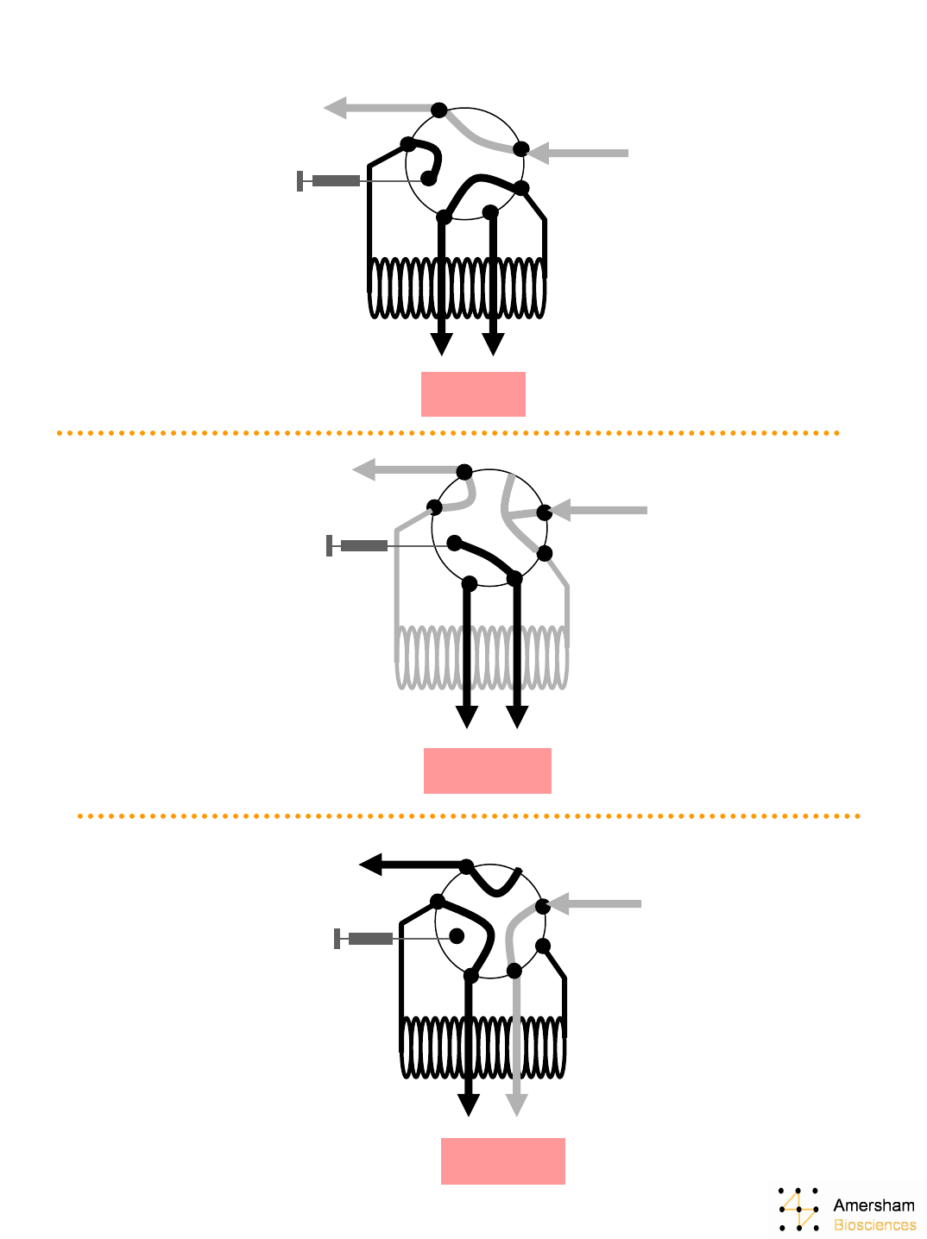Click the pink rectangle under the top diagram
(x=473, y=394)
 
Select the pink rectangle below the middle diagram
(x=487, y=770)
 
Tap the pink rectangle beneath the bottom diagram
(x=502, y=1160)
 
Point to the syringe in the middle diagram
(x=358, y=545)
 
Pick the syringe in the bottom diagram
(x=365, y=938)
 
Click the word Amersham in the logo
(x=873, y=1204)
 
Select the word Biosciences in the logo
(x=874, y=1225)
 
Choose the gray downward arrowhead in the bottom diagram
(x=516, y=1105)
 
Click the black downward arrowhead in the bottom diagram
(x=468, y=1105)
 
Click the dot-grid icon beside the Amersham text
(x=799, y=1209)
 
